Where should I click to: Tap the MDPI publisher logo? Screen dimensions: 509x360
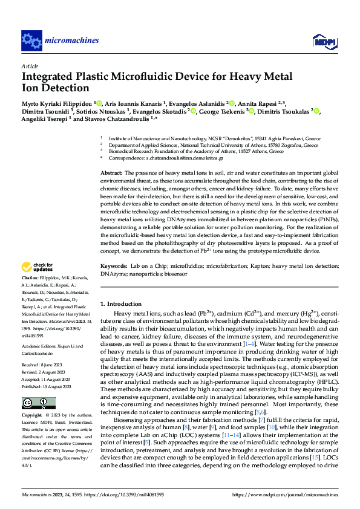[x=321, y=41]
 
